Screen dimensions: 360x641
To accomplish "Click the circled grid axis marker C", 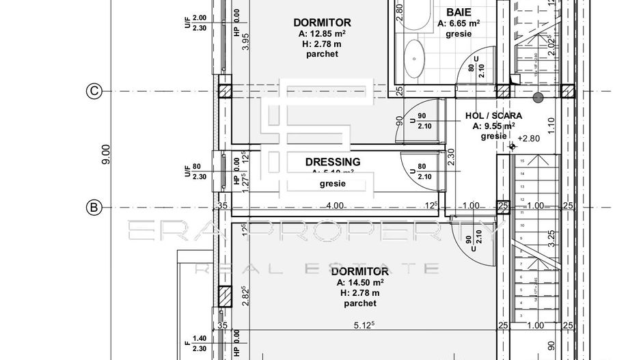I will [x=94, y=91].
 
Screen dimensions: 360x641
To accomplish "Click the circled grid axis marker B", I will [x=94, y=207].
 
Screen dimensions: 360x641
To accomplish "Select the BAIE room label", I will [x=458, y=12].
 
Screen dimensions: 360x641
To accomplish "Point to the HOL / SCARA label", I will [x=493, y=115].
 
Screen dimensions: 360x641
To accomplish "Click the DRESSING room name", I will [x=333, y=162].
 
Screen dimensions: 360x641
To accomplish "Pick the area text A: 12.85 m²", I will [x=322, y=33].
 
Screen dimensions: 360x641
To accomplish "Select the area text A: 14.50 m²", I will [x=359, y=282].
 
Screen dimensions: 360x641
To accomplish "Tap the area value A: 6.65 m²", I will [x=459, y=23].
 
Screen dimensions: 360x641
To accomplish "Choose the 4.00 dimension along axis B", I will [x=335, y=206].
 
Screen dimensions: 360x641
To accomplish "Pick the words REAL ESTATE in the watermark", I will [x=316, y=268].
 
